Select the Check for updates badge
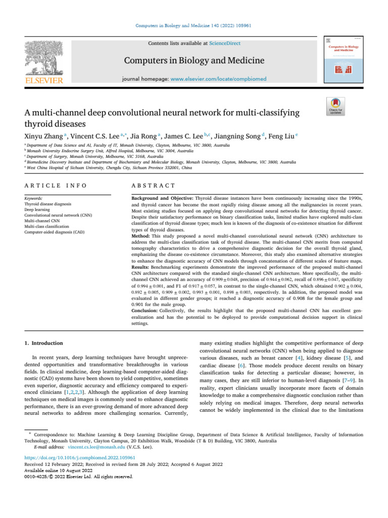[x=335, y=107]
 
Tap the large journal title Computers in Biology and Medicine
[x=194, y=61]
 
